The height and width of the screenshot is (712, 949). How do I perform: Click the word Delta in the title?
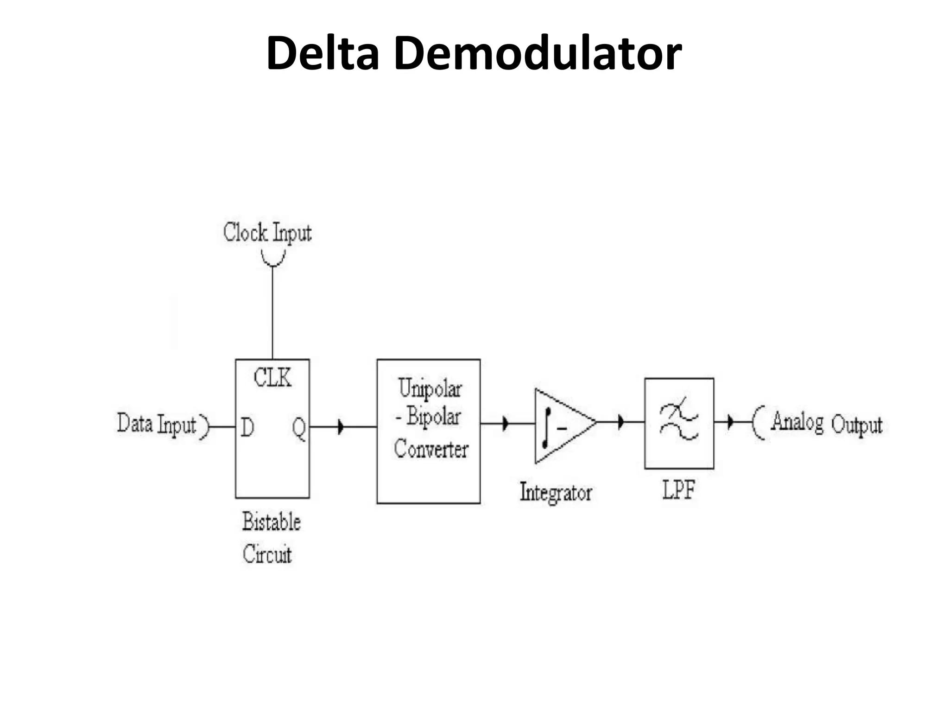click(x=323, y=53)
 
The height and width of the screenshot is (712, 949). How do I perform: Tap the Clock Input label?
click(x=267, y=233)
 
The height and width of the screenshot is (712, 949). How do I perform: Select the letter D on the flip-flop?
click(x=247, y=427)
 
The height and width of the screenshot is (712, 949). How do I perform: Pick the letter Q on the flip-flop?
click(x=299, y=428)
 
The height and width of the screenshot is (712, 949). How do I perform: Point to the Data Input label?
click(x=157, y=424)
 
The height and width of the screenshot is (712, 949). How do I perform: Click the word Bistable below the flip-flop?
click(x=272, y=521)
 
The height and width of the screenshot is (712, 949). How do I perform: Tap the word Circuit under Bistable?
click(x=267, y=554)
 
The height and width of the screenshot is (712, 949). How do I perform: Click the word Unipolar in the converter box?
click(x=430, y=388)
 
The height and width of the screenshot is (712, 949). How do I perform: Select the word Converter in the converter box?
click(x=431, y=449)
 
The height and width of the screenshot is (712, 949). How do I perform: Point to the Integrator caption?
click(x=556, y=492)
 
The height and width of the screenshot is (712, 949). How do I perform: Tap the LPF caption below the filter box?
click(x=678, y=489)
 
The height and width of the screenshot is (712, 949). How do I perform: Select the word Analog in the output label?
click(x=797, y=423)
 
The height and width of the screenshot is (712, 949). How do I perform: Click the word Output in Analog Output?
click(x=856, y=425)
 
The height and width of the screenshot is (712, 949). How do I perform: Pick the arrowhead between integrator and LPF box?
click(x=621, y=422)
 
